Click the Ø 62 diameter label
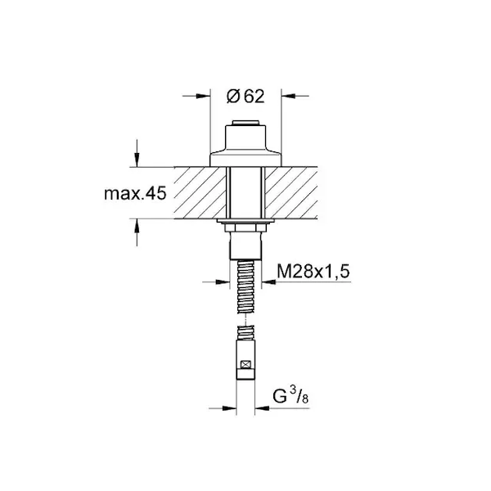[x=245, y=96]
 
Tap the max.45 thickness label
[x=135, y=193]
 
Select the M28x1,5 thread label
[x=313, y=272]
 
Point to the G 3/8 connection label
[x=291, y=395]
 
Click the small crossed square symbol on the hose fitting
[x=245, y=364]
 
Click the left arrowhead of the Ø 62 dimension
[x=203, y=96]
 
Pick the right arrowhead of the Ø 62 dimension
[x=288, y=96]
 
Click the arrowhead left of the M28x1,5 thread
[x=223, y=282]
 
